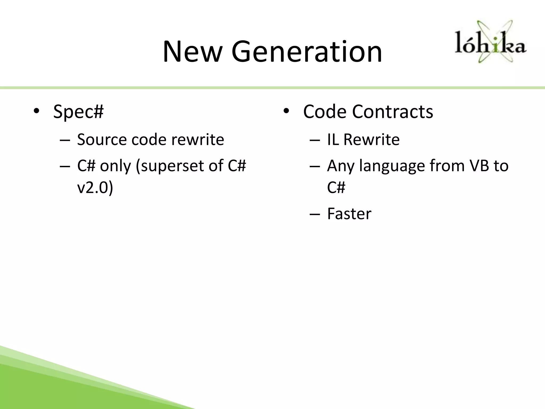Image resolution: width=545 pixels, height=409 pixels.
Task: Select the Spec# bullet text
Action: tap(78, 111)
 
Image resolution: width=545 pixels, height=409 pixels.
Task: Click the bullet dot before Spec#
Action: tap(36, 111)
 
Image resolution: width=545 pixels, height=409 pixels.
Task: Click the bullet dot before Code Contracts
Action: tap(286, 111)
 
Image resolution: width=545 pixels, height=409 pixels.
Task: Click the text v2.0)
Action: tap(95, 187)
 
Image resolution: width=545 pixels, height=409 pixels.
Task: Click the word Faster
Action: tap(349, 214)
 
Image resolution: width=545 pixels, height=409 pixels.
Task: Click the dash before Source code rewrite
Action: tap(65, 140)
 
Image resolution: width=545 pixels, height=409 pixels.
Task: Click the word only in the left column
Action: tap(115, 166)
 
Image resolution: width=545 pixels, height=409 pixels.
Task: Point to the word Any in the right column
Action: tap(341, 166)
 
